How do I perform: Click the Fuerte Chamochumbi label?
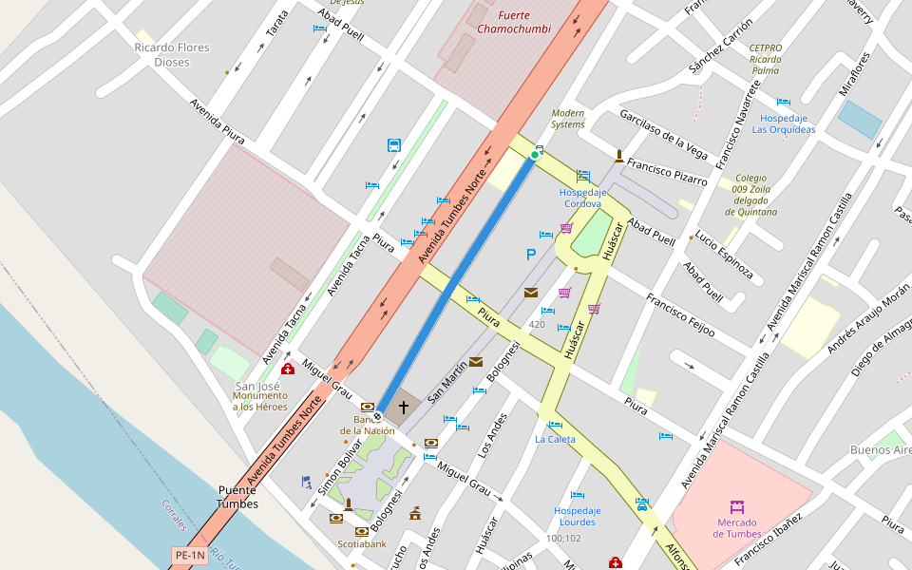point(513,22)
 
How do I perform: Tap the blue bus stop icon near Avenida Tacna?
point(394,145)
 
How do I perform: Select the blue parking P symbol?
point(531,255)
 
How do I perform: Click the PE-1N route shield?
point(189,555)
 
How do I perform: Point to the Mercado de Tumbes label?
point(736,528)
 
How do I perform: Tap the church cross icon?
point(403,408)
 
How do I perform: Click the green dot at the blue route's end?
point(534,155)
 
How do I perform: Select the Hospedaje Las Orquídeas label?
point(784,123)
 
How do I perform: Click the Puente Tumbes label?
point(237,497)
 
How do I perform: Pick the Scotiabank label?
point(362,544)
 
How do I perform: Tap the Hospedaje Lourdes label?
point(577,516)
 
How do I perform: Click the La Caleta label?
point(554,439)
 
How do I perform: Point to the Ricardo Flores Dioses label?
point(172,54)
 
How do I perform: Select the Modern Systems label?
point(568,119)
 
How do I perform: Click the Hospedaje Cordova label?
point(581,198)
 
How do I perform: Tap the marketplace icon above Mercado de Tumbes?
point(736,507)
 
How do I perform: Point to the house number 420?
point(537,325)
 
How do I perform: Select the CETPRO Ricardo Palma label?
point(765,59)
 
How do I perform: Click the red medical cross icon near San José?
point(288,370)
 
